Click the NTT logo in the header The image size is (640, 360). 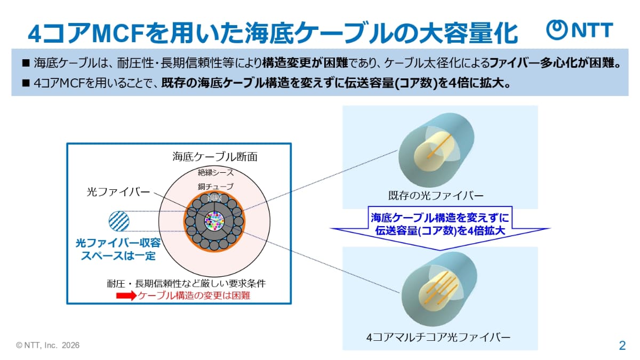point(579,30)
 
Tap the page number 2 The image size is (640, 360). point(622,346)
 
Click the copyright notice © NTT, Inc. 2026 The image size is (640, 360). point(47,346)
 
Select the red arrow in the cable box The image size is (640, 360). point(126,295)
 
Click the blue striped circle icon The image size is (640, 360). point(119,221)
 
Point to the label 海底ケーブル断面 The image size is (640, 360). point(215,157)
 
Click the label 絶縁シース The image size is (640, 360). point(215,172)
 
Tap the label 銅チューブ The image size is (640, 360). point(215,187)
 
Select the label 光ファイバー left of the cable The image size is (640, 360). point(118,192)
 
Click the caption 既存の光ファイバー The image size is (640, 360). point(435,196)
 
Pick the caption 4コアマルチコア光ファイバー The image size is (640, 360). point(438,338)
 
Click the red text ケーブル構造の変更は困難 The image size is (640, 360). point(194,295)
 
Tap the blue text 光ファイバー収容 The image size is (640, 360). point(118,243)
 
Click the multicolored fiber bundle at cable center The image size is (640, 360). point(214,221)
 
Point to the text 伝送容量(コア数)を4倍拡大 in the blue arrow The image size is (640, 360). point(440,230)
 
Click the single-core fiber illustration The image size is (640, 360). point(436,150)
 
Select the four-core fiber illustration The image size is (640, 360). point(439,289)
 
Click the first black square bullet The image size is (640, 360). point(26,63)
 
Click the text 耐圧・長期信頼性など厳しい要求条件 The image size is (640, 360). point(186,283)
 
